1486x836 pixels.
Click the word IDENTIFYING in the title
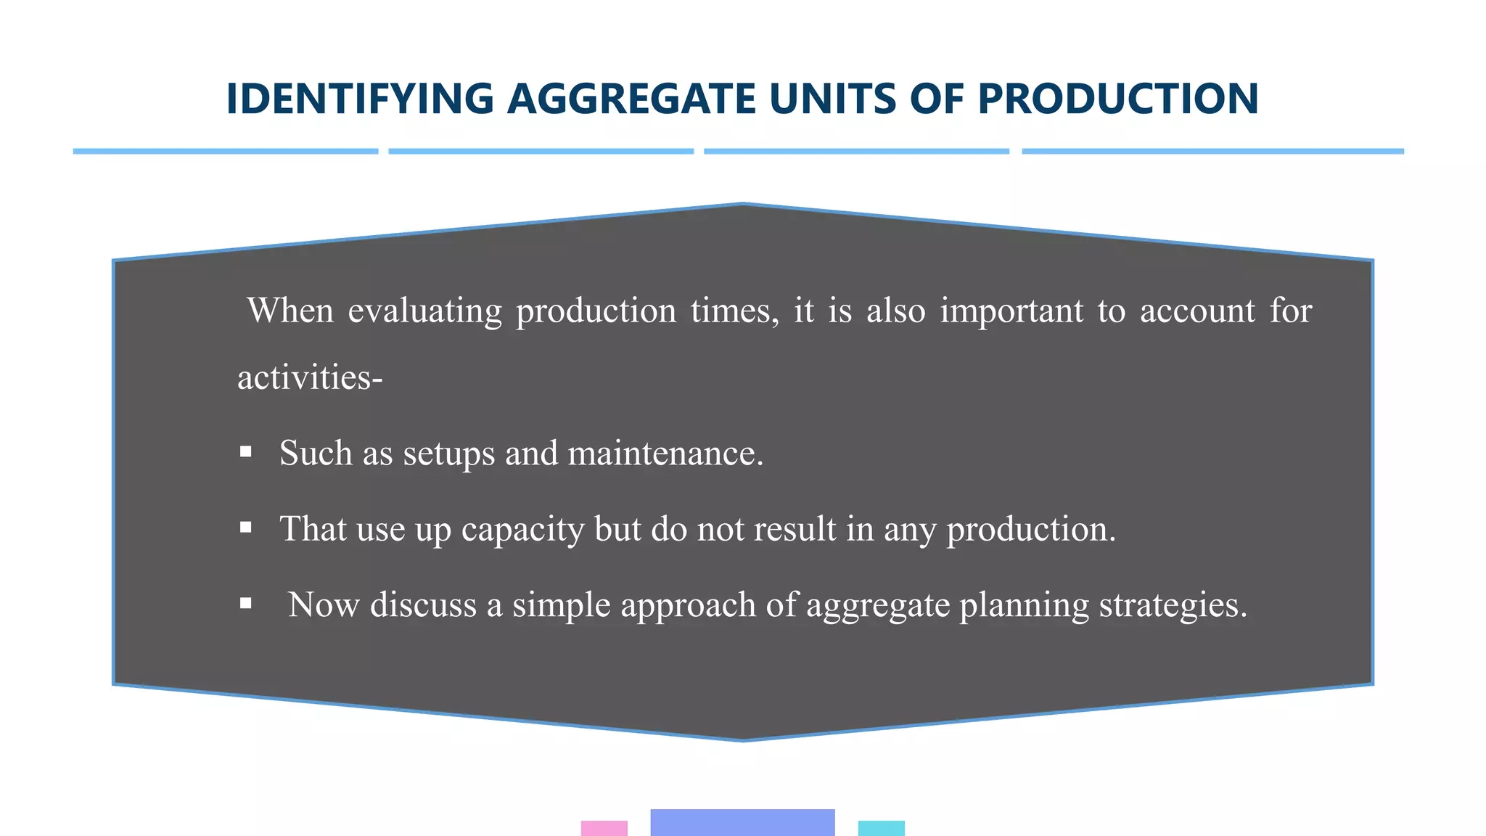coord(360,99)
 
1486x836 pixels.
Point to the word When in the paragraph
coord(290,311)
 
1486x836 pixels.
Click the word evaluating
coord(424,311)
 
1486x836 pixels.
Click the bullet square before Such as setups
coord(246,452)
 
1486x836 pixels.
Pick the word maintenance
coord(665,454)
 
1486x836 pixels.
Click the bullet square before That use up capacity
coord(246,528)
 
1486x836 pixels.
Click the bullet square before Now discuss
coord(246,603)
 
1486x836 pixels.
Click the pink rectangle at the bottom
coord(604,828)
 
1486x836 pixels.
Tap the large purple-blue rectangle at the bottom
coord(742,822)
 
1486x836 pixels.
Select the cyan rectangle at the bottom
coord(881,828)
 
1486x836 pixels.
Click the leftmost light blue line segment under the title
coord(226,151)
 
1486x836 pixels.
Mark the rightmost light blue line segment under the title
coord(1212,151)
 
